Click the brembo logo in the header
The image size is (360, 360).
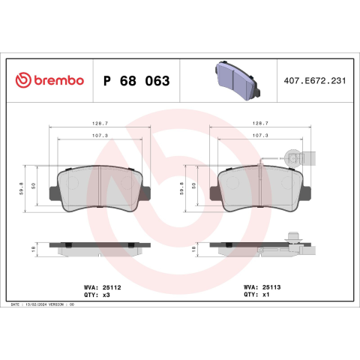click(49, 80)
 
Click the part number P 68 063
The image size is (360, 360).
click(136, 81)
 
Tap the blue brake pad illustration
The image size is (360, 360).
click(237, 80)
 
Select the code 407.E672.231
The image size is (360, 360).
click(315, 81)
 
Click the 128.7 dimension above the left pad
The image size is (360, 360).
click(100, 124)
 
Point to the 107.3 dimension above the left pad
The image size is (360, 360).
click(100, 136)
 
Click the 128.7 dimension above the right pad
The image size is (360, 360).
click(260, 124)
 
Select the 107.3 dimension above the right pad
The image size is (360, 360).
click(260, 136)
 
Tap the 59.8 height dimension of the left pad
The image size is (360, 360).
click(22, 188)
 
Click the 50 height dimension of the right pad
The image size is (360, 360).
click(194, 186)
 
